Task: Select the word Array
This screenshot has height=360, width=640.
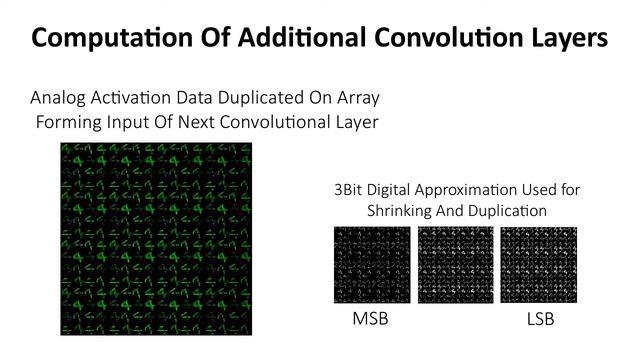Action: (x=359, y=98)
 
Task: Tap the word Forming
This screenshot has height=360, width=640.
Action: (x=70, y=123)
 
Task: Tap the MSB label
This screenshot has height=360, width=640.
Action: (x=372, y=320)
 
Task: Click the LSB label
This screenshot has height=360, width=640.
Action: (x=539, y=320)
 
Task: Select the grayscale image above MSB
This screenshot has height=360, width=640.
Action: (x=372, y=265)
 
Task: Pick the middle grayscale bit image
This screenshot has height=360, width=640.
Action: (x=455, y=265)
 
